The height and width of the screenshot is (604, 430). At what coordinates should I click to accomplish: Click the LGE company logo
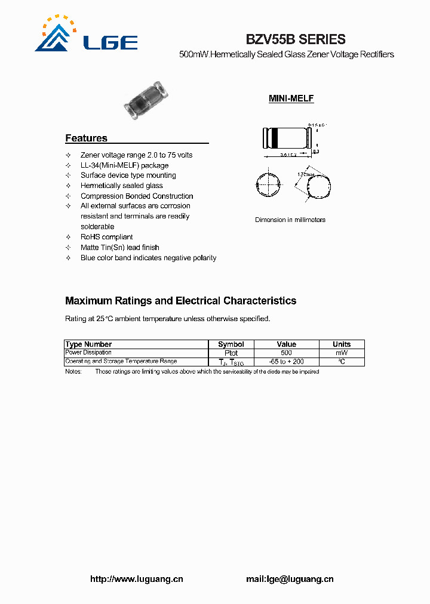tap(86, 36)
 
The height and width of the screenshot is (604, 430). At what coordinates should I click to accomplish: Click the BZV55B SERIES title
tap(296, 39)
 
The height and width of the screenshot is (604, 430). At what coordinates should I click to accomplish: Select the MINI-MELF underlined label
tap(291, 98)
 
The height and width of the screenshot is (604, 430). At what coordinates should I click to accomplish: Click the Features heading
tap(86, 138)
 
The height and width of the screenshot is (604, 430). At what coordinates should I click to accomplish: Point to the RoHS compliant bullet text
tap(107, 237)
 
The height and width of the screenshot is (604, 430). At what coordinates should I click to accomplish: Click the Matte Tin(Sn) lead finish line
tap(119, 247)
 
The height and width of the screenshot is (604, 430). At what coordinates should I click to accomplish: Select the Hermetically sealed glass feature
tap(121, 186)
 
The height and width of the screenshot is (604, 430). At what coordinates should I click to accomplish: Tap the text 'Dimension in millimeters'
tap(290, 220)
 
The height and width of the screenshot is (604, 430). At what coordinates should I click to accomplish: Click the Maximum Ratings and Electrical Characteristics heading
tap(180, 301)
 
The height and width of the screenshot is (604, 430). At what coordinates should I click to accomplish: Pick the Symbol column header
tap(231, 344)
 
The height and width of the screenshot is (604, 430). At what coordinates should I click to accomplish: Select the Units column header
tap(342, 344)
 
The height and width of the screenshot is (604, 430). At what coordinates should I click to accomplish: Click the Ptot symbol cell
tap(231, 353)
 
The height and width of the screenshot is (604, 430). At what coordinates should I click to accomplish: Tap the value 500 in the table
tap(286, 353)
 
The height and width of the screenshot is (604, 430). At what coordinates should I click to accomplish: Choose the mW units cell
tap(342, 353)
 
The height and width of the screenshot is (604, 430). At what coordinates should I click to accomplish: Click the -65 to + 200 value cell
tap(286, 362)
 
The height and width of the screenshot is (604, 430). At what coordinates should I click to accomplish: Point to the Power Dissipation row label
tap(88, 353)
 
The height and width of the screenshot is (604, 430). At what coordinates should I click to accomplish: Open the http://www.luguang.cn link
tap(136, 579)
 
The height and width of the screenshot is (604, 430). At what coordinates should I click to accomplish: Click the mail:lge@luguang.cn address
tap(290, 579)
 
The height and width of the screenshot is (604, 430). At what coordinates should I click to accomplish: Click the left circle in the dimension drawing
tap(267, 185)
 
